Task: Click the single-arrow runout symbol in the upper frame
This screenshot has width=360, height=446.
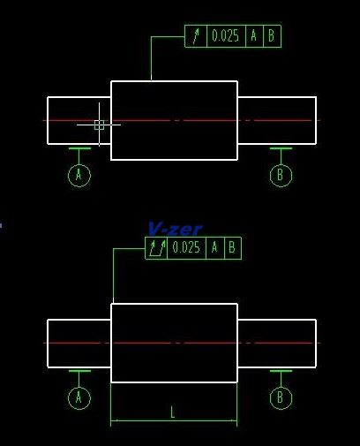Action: [x=196, y=36]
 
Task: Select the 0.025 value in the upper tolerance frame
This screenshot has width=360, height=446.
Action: [x=225, y=36]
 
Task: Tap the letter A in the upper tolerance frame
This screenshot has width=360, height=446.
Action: [x=254, y=36]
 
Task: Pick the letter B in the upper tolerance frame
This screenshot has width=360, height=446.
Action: [x=272, y=36]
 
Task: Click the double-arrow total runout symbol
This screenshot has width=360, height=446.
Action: [x=157, y=248]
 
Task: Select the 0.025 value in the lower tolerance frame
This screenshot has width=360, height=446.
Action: [x=186, y=247]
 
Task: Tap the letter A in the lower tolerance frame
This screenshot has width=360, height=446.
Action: [x=214, y=247]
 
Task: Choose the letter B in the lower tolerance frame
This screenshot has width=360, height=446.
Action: [x=232, y=247]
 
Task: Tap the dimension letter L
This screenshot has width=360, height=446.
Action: [x=173, y=412]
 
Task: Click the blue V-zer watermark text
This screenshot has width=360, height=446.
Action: [x=176, y=229]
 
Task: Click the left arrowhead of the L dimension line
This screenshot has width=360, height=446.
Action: [x=114, y=420]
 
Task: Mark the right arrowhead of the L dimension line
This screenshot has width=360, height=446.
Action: [x=234, y=420]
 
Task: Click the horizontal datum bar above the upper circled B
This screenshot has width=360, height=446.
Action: [x=281, y=148]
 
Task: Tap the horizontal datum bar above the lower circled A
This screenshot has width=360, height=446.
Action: [x=79, y=371]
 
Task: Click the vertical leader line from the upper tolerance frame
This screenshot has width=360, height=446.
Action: [x=151, y=58]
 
